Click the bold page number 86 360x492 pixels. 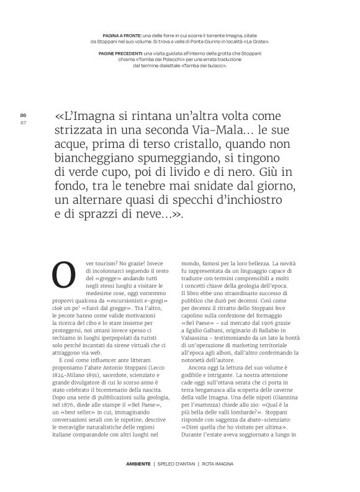point(23,115)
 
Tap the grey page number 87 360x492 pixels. point(23,122)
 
